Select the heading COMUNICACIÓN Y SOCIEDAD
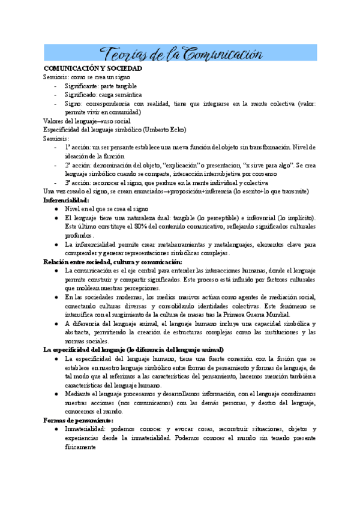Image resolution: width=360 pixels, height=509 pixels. tap(92, 68)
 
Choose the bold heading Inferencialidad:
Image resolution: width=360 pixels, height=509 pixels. tap(66, 200)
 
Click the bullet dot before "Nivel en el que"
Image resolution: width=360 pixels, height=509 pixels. tap(55, 209)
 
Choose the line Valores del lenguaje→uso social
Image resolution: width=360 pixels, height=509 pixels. tap(82, 121)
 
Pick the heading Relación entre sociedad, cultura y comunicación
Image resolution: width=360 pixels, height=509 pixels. tap(113, 262)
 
